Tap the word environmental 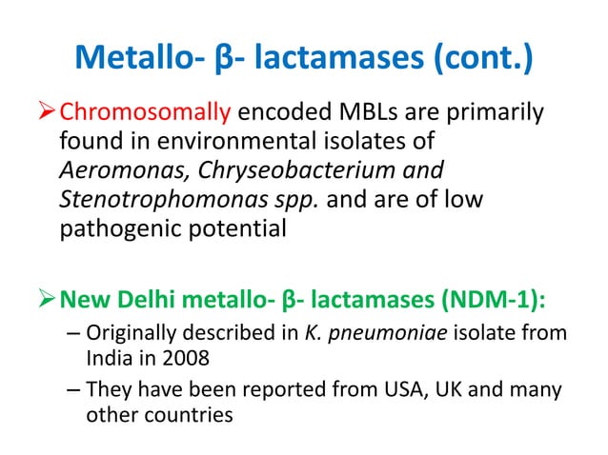218,144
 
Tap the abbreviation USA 387,390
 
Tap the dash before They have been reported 74,390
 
